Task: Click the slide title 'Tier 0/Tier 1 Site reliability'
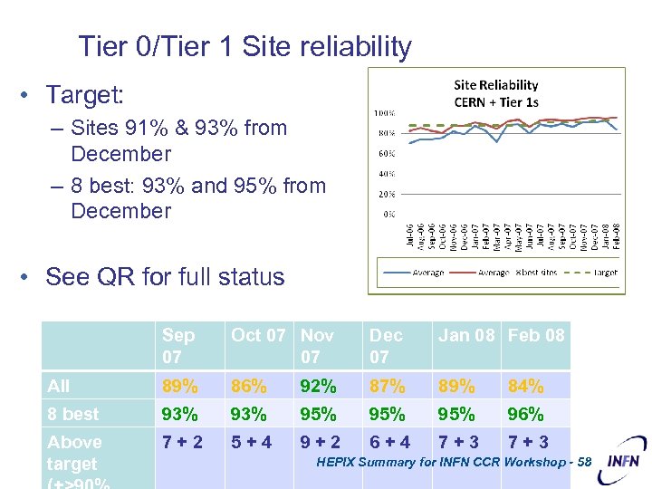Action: (x=244, y=46)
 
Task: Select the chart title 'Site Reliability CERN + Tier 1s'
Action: (x=495, y=93)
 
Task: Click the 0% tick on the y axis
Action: (x=388, y=214)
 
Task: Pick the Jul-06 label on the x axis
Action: (x=409, y=236)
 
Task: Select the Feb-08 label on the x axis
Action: (x=617, y=236)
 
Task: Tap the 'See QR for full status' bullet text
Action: (x=165, y=277)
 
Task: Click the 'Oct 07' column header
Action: (x=258, y=335)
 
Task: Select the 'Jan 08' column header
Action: (x=466, y=335)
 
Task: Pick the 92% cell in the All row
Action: (x=318, y=387)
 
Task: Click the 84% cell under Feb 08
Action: (x=526, y=387)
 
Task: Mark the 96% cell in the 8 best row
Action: (x=526, y=415)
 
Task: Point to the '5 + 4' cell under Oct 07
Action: (x=251, y=443)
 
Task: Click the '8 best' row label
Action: (x=73, y=415)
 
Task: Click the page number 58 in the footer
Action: (x=582, y=463)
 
